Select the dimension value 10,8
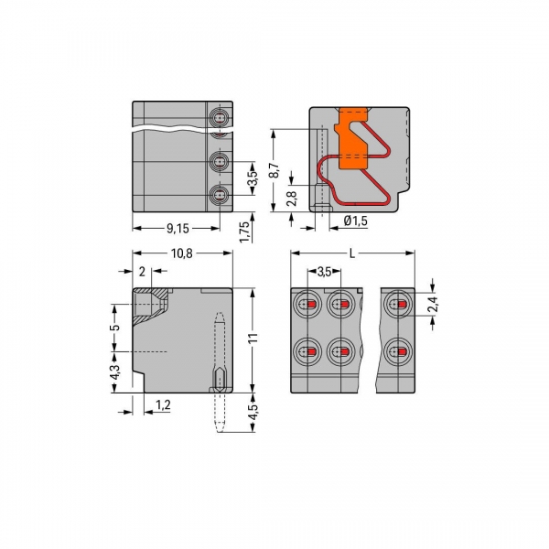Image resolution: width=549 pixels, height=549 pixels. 182,254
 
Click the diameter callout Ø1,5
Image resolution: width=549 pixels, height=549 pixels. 356,221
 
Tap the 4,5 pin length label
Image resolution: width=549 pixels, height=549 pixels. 253,402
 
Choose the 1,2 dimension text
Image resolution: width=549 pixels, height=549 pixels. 164,404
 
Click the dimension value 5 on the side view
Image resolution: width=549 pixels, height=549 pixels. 113,327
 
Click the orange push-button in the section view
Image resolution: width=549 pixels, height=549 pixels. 352,142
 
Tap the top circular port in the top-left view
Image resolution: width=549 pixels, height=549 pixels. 220,119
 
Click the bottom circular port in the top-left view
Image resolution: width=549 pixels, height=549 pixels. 220,193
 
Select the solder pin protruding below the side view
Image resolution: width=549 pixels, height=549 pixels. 220,416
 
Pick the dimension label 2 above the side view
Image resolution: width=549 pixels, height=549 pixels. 142,272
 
